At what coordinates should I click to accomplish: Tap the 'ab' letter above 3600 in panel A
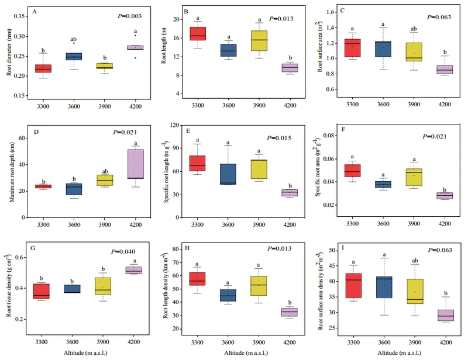pyautogui.click(x=73, y=34)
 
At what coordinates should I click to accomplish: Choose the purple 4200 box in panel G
pyautogui.click(x=136, y=270)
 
